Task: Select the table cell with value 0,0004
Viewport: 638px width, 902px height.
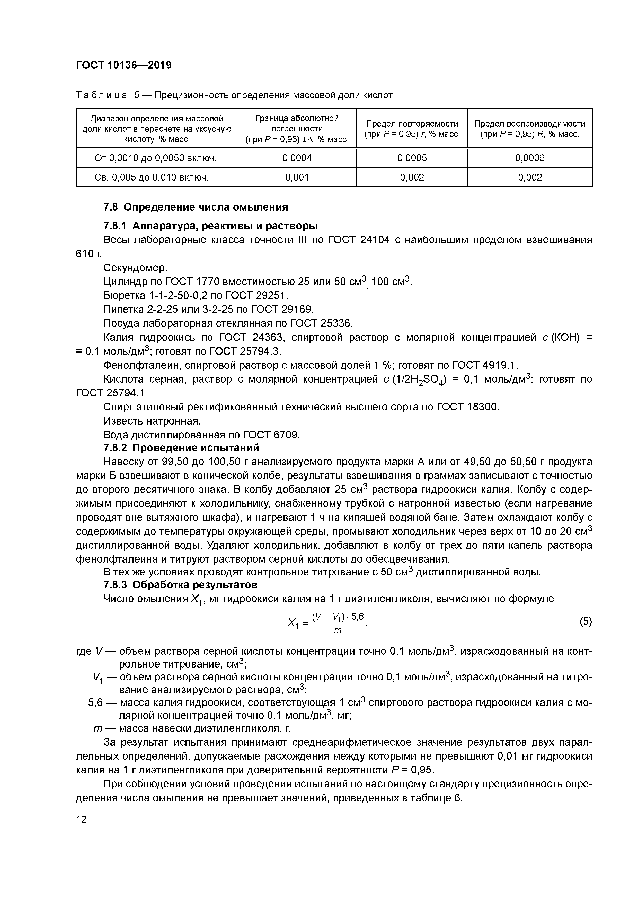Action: click(x=297, y=158)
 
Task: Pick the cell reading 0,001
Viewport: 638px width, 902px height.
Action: click(x=297, y=177)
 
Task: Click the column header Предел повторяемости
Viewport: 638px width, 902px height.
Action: click(x=412, y=124)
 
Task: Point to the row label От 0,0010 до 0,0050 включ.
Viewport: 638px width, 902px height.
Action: click(x=156, y=158)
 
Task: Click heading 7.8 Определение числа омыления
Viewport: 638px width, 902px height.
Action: click(x=195, y=207)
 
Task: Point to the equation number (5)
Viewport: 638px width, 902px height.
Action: click(x=585, y=621)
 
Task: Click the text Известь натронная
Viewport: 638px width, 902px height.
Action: click(x=152, y=421)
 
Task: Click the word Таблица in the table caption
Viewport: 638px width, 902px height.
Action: click(x=101, y=95)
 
